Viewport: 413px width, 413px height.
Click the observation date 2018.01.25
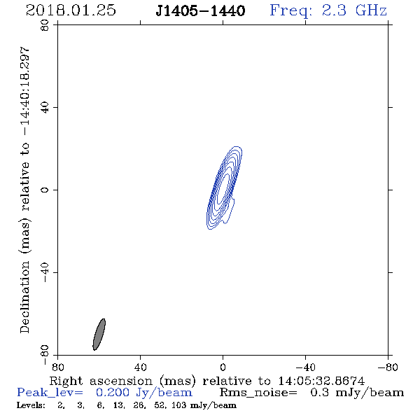[71, 10]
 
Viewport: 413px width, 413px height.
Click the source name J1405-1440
[200, 10]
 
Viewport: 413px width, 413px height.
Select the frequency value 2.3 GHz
[354, 10]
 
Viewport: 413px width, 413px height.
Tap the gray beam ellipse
[99, 334]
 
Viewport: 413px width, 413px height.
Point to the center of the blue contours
[223, 188]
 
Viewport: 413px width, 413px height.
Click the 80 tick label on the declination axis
[45, 25]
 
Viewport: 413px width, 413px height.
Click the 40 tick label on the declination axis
[45, 108]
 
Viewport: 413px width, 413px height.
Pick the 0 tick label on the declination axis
[45, 190]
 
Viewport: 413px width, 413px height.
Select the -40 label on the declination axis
[45, 272]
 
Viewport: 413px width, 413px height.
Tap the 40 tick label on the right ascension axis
[140, 367]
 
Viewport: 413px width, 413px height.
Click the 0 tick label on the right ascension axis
[223, 367]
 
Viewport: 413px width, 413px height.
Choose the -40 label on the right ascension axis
[305, 367]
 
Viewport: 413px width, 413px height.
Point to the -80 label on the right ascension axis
[388, 367]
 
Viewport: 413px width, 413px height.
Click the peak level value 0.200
[113, 393]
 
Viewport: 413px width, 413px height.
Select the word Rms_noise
[258, 393]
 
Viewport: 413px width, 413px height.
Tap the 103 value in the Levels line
[180, 405]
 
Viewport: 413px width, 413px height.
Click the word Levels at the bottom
[31, 405]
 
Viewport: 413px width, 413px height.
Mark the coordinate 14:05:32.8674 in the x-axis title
[321, 381]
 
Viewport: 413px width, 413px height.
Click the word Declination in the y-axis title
[24, 297]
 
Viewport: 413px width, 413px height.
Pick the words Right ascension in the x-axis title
[101, 381]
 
